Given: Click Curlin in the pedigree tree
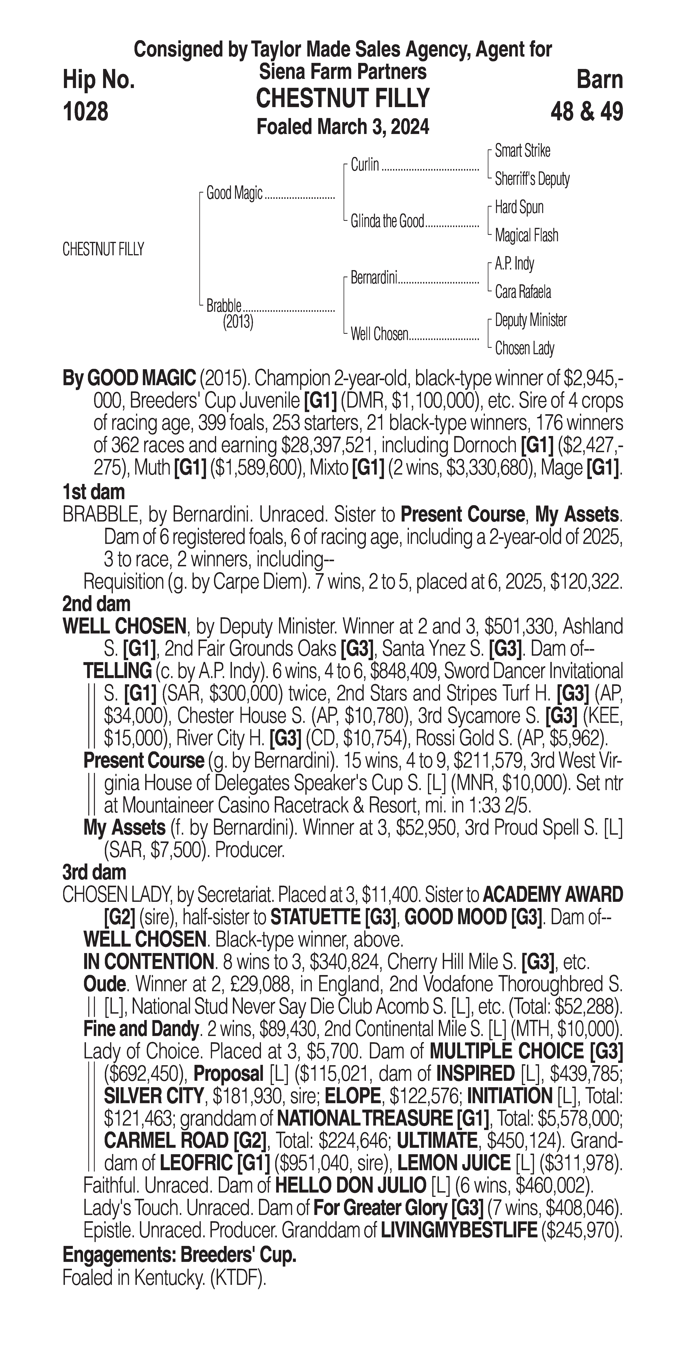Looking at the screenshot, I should point(365,165).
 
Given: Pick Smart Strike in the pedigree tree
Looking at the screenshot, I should point(522,151).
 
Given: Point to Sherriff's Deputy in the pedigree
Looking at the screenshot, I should point(532,179).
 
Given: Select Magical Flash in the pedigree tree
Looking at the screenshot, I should point(526,235).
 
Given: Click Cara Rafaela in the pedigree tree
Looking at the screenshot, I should point(523,292).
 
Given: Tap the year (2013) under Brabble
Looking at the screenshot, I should point(238,322).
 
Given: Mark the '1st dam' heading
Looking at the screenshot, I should point(94,492).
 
